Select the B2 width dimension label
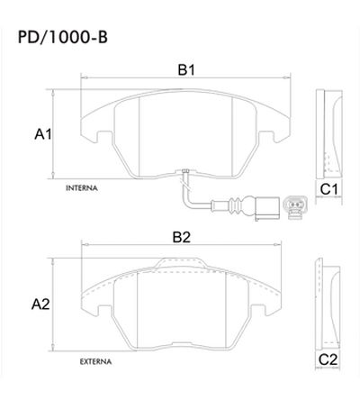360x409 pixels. tap(183, 237)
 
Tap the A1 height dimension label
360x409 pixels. tap(42, 133)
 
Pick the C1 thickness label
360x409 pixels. tap(328, 189)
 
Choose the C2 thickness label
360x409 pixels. tap(328, 359)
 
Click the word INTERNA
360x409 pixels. tap(82, 189)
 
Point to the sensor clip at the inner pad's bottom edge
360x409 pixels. tap(183, 174)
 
